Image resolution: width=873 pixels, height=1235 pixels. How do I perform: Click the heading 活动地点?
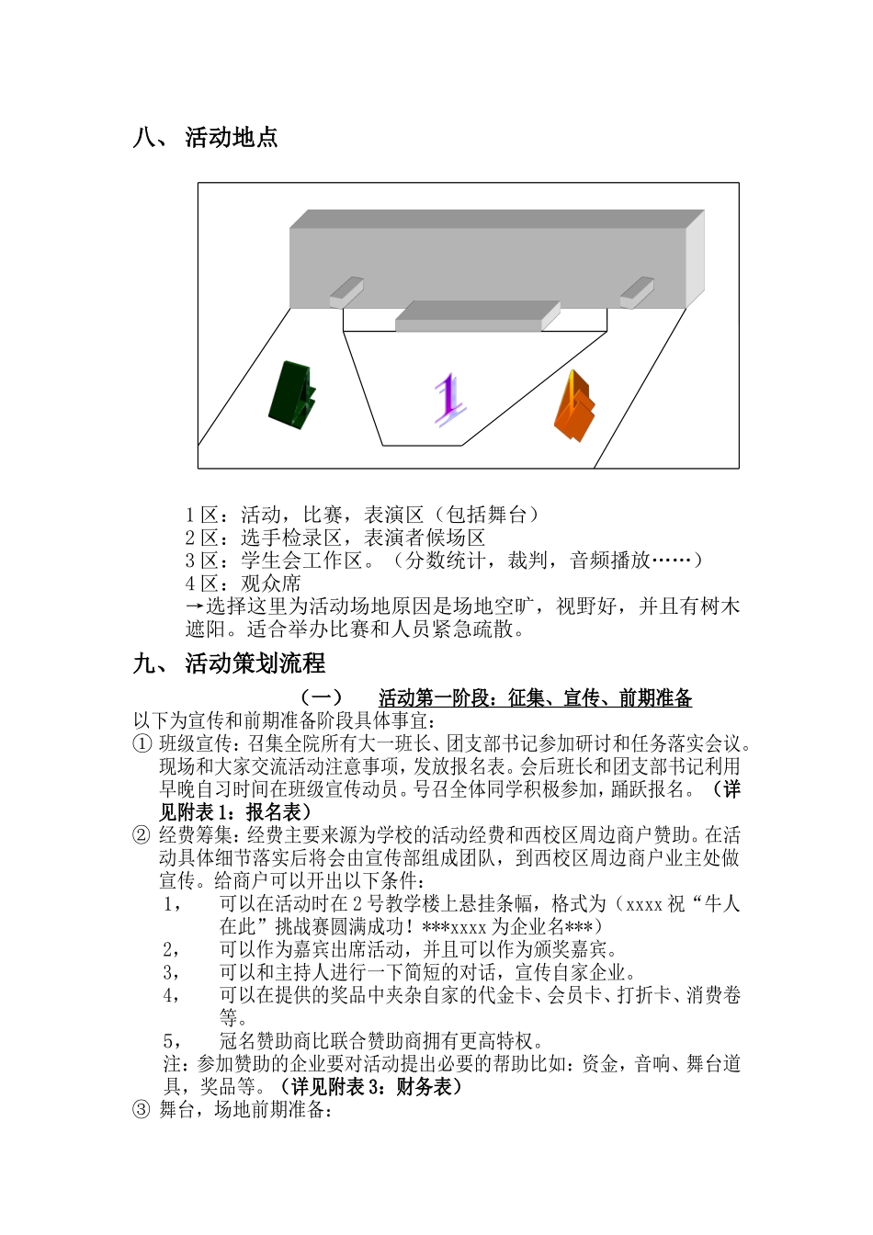click(x=232, y=138)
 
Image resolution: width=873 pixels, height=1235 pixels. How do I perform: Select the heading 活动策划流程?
click(x=255, y=663)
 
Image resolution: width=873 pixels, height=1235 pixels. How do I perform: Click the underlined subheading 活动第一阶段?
click(x=535, y=698)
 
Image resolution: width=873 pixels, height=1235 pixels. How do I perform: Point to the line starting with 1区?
click(x=363, y=515)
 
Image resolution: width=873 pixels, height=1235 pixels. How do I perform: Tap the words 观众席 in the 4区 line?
click(x=270, y=584)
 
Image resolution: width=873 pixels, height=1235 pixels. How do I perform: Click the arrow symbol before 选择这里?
click(x=194, y=606)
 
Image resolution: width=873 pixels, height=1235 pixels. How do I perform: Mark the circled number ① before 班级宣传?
click(x=142, y=743)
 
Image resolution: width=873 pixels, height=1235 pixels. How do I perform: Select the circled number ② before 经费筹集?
click(x=142, y=835)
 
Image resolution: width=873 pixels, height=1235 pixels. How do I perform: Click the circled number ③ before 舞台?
click(x=142, y=1110)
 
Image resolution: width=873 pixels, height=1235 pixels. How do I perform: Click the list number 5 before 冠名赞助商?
click(x=169, y=1041)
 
